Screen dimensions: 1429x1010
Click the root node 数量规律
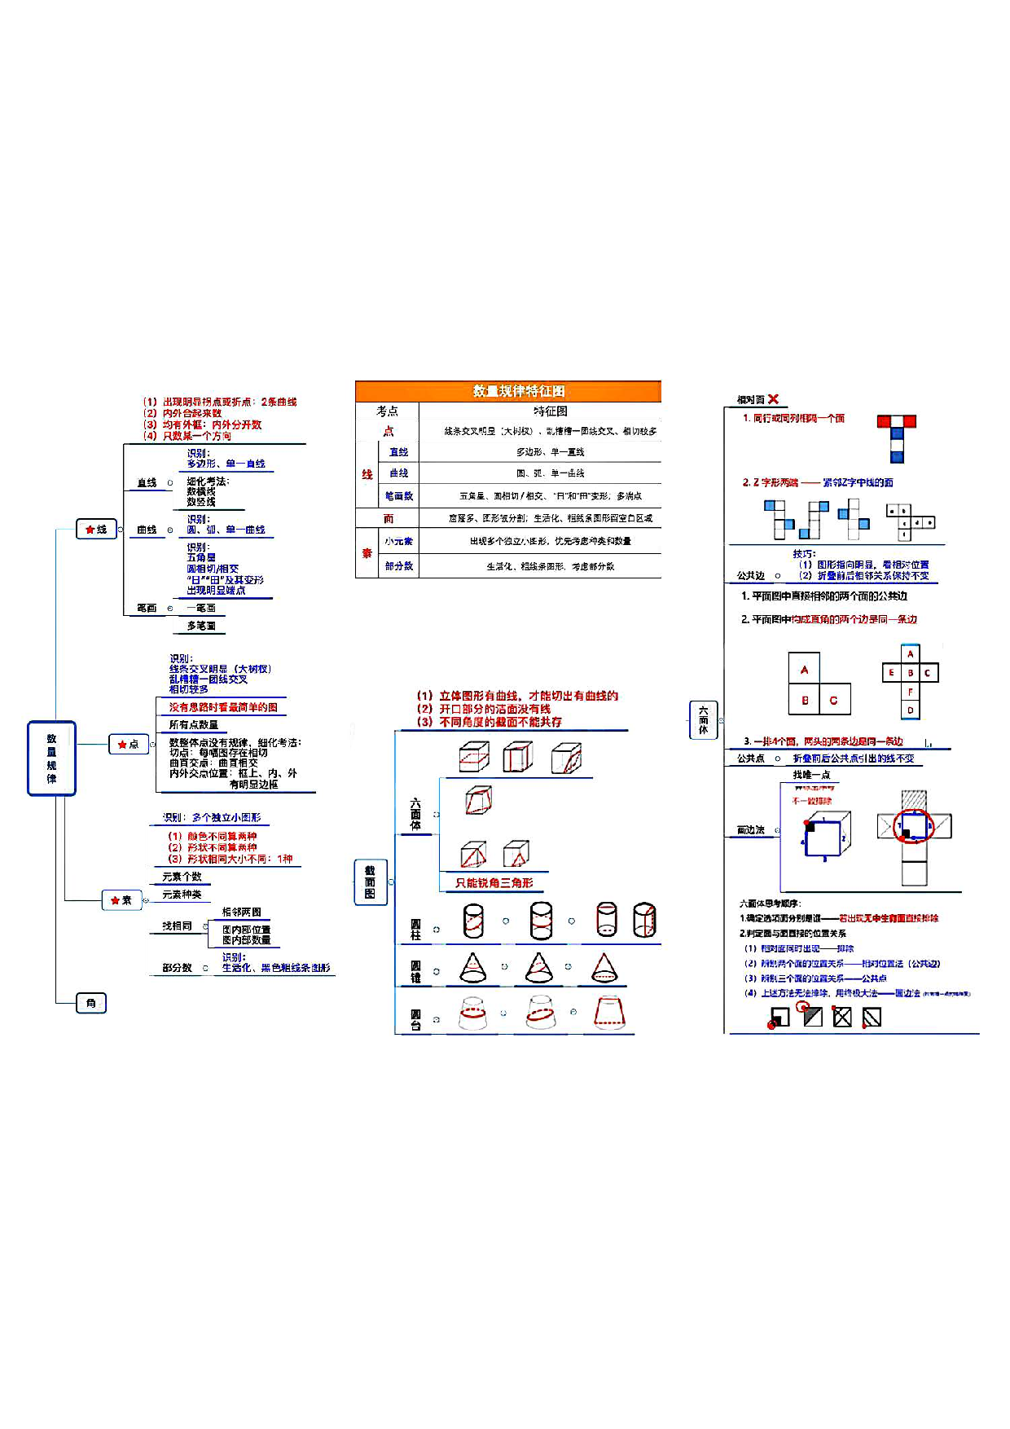[x=51, y=758]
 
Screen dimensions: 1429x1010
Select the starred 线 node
[x=97, y=530]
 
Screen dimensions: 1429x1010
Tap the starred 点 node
[x=129, y=744]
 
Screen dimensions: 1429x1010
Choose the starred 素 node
[x=121, y=900]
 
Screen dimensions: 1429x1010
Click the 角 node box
[x=91, y=1003]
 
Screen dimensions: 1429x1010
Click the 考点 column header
[x=388, y=411]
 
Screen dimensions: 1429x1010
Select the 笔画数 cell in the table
[x=399, y=495]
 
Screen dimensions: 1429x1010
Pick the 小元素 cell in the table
[x=399, y=541]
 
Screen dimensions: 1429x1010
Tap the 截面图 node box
[x=370, y=882]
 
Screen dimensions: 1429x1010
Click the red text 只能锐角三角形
[x=494, y=883]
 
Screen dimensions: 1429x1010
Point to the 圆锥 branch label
[x=415, y=971]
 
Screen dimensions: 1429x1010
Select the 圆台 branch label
[x=415, y=1019]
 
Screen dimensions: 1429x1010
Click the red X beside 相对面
[x=773, y=399]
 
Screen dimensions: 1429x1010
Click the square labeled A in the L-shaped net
[x=804, y=669]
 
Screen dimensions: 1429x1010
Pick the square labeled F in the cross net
[x=911, y=692]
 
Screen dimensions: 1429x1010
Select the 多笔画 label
[x=201, y=626]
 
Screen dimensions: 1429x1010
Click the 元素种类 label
[x=182, y=895]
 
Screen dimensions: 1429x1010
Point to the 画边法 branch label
[x=750, y=830]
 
